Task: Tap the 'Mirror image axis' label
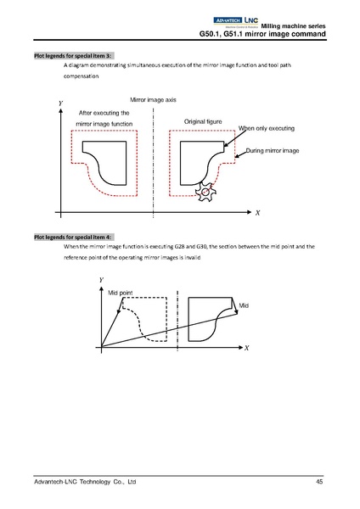pyautogui.click(x=153, y=99)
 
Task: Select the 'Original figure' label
pyautogui.click(x=203, y=122)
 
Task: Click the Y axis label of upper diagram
pyautogui.click(x=59, y=103)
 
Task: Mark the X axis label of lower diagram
pyautogui.click(x=246, y=348)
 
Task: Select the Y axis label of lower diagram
pyautogui.click(x=101, y=279)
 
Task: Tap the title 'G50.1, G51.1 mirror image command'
pyautogui.click(x=260, y=33)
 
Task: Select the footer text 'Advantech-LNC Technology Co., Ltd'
pyautogui.click(x=84, y=482)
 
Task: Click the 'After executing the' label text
pyautogui.click(x=104, y=112)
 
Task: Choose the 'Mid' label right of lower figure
pyautogui.click(x=244, y=305)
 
